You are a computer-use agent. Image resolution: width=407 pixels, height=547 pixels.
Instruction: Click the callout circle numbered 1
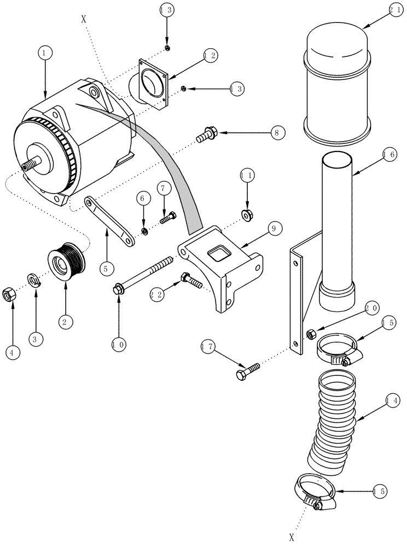pos(45,53)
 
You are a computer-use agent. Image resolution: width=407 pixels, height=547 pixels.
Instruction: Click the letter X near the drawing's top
pos(83,18)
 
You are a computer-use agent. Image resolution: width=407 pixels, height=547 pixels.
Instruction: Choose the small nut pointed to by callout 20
pos(310,332)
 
